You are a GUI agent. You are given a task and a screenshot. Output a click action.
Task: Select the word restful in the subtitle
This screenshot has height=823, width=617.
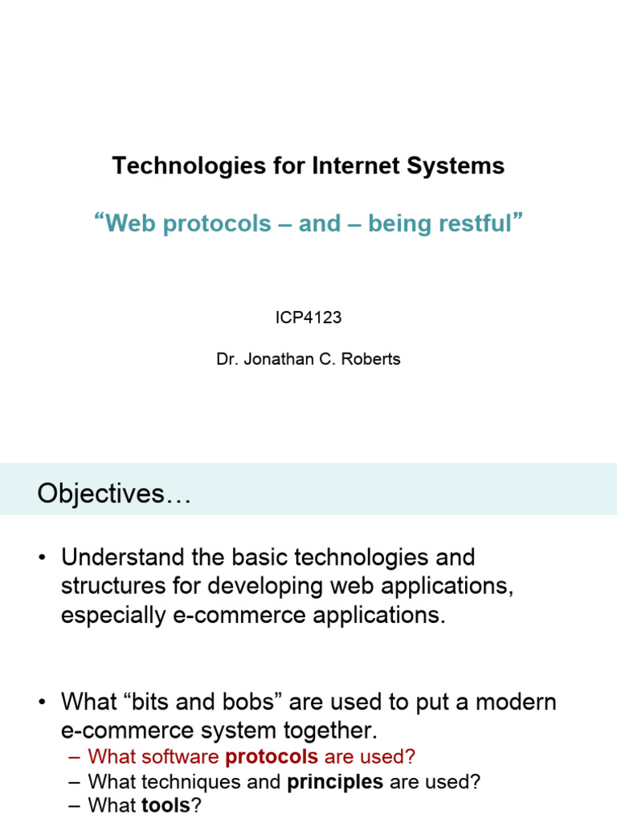point(475,223)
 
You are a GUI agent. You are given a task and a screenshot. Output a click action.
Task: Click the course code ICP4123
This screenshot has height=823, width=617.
point(308,317)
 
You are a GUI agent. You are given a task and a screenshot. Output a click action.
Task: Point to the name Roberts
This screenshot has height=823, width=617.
point(371,359)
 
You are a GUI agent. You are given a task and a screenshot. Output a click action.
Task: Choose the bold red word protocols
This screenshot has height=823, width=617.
point(272,756)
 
